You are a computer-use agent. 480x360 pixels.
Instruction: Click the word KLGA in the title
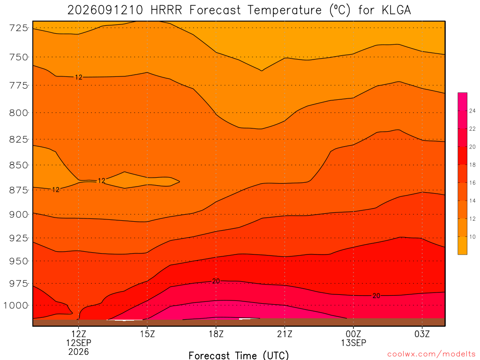coord(396,10)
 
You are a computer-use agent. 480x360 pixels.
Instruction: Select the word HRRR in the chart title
coord(166,10)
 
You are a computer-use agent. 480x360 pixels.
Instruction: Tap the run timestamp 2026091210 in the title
coord(105,10)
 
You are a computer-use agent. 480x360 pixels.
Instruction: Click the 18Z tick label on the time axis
coord(216,334)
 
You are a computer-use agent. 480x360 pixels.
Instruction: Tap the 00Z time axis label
coord(353,334)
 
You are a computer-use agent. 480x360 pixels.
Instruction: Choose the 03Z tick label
coord(422,334)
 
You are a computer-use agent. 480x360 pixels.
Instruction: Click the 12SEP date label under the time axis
coord(79,343)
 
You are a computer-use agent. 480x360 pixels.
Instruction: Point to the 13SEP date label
coord(353,343)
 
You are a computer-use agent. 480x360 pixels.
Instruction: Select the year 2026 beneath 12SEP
coord(79,352)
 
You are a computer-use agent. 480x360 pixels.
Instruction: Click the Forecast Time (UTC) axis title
coord(239,355)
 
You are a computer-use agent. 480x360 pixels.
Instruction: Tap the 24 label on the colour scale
coord(472,111)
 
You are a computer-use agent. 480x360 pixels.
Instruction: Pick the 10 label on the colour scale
coord(472,237)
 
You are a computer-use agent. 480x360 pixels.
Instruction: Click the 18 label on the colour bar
coord(472,165)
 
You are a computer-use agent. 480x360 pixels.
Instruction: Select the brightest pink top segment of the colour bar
coord(462,101)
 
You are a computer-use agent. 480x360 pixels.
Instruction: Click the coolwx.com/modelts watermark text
coord(431,354)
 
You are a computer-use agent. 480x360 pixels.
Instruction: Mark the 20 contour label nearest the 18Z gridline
coord(216,281)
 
